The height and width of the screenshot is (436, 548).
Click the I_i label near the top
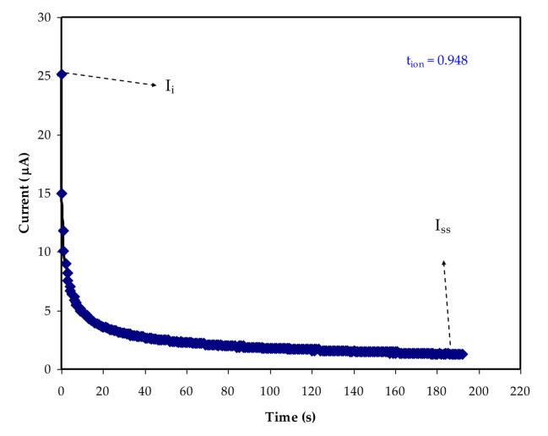(x=170, y=87)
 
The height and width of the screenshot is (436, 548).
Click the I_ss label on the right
(x=442, y=226)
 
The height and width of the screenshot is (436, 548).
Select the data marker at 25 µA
(x=61, y=74)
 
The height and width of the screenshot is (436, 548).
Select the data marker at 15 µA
(x=61, y=193)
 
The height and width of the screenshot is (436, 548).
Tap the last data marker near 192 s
(x=462, y=354)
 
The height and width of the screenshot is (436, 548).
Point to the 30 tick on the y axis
(x=46, y=18)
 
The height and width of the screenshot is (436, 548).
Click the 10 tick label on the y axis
(x=46, y=252)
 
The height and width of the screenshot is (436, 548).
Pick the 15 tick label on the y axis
(x=46, y=193)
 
